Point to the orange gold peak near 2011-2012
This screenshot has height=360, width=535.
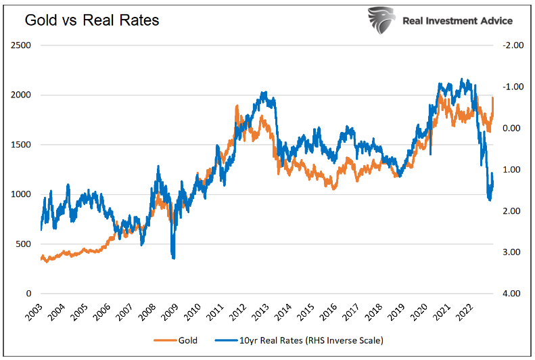tap(237, 106)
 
